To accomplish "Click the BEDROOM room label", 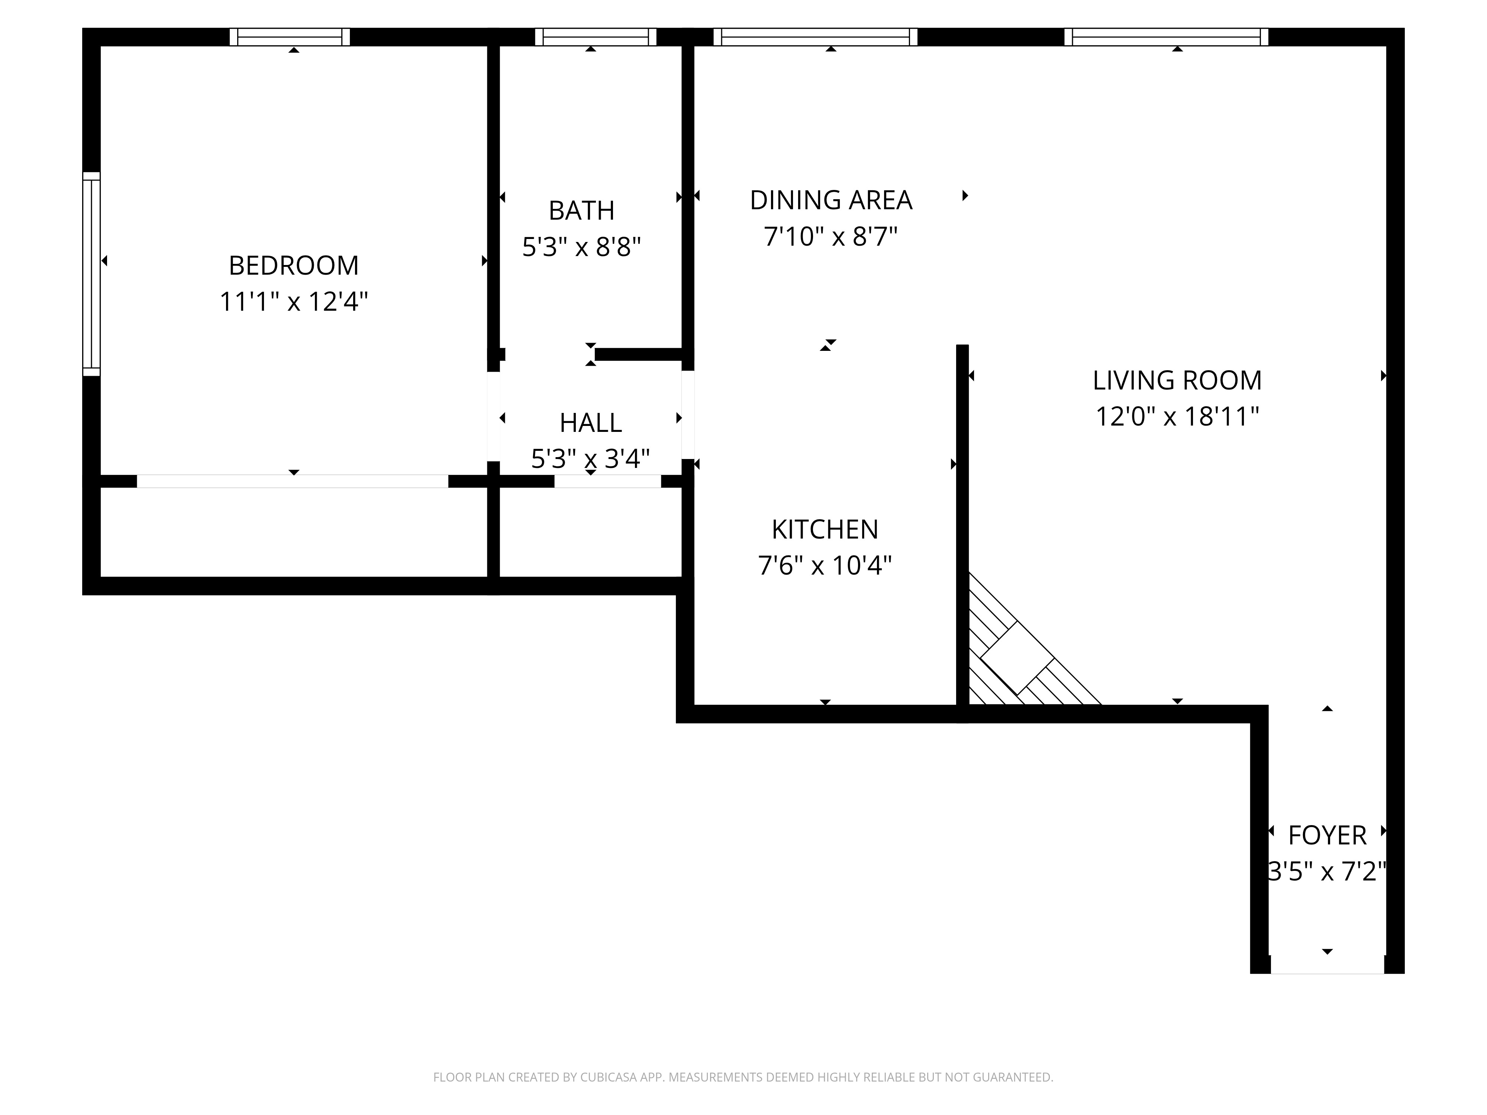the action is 294,265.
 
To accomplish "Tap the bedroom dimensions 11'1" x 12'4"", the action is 294,302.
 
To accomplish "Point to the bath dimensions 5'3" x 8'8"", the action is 581,247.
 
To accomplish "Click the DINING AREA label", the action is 831,200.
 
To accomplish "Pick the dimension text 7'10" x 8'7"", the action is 831,237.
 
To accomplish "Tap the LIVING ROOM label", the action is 1177,381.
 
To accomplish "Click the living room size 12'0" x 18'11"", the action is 1177,417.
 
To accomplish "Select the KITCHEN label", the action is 825,530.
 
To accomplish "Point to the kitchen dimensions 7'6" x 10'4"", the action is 825,566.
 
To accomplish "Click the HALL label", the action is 591,423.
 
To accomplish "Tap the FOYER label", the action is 1328,836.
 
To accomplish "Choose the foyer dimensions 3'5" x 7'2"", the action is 1328,872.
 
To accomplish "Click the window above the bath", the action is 596,37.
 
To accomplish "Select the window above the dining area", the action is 815,37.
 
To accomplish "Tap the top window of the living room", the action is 1166,37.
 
